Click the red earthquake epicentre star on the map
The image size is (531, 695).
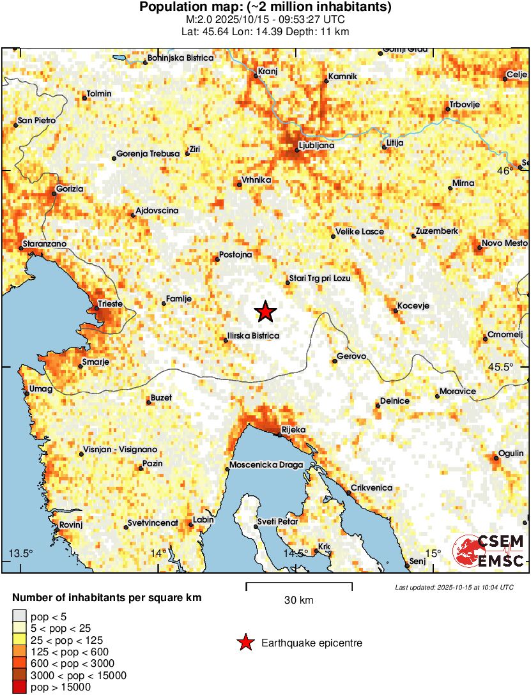coord(265,312)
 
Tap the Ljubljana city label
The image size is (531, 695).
coord(316,145)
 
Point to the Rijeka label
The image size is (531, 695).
coord(294,430)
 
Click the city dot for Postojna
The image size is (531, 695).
coord(217,259)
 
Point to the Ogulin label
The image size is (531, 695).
coord(511,453)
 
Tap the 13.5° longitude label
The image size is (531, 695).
coord(20,553)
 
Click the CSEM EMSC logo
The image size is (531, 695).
coord(488,551)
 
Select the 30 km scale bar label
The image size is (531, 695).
coord(298,600)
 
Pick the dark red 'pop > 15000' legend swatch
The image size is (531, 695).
coord(19,687)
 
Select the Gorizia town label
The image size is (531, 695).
coord(70,189)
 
